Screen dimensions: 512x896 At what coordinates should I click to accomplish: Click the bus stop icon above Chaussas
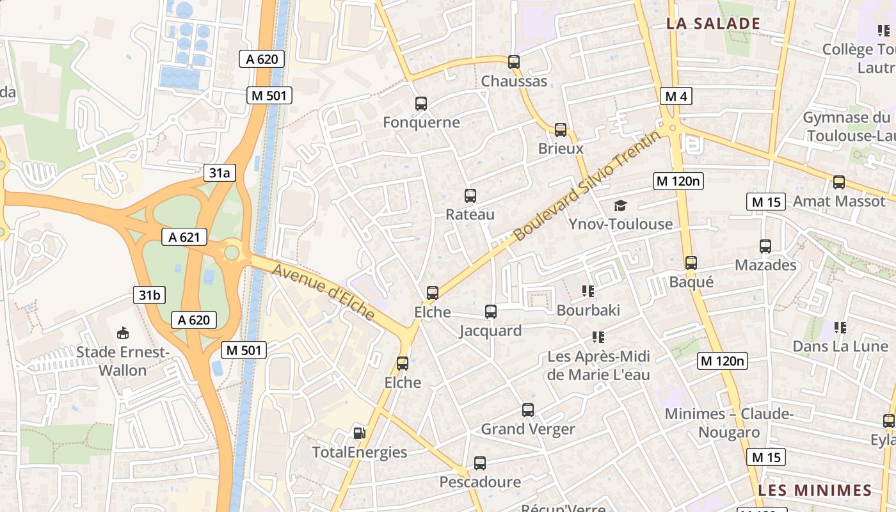(513, 62)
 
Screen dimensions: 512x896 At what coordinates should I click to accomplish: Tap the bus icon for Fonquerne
(421, 104)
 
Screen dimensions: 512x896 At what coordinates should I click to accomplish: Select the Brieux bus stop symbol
(561, 130)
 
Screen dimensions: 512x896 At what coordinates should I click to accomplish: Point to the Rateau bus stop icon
(470, 196)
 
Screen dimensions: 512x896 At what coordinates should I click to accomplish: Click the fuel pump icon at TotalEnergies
(360, 433)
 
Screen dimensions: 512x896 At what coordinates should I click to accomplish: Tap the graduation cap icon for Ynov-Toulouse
(620, 205)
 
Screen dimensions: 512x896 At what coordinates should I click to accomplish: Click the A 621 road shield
(184, 237)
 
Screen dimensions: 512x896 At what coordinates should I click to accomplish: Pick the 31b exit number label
(149, 295)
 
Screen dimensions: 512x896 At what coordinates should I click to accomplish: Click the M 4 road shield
(676, 97)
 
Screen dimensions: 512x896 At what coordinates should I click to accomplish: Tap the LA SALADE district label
(713, 24)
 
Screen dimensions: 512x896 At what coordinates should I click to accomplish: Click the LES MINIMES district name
(815, 491)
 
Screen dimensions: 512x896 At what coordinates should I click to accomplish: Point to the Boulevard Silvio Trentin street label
(588, 186)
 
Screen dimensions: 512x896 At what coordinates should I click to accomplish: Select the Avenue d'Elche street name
(324, 291)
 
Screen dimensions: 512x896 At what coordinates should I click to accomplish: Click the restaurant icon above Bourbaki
(588, 292)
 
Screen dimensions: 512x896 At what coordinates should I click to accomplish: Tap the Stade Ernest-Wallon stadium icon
(123, 333)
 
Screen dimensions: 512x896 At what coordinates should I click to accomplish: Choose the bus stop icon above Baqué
(691, 263)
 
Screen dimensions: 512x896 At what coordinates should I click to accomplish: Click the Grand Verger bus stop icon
(528, 410)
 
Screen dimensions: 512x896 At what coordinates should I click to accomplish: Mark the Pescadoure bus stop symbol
(480, 463)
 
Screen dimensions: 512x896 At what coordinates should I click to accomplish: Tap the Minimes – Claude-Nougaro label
(729, 423)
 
